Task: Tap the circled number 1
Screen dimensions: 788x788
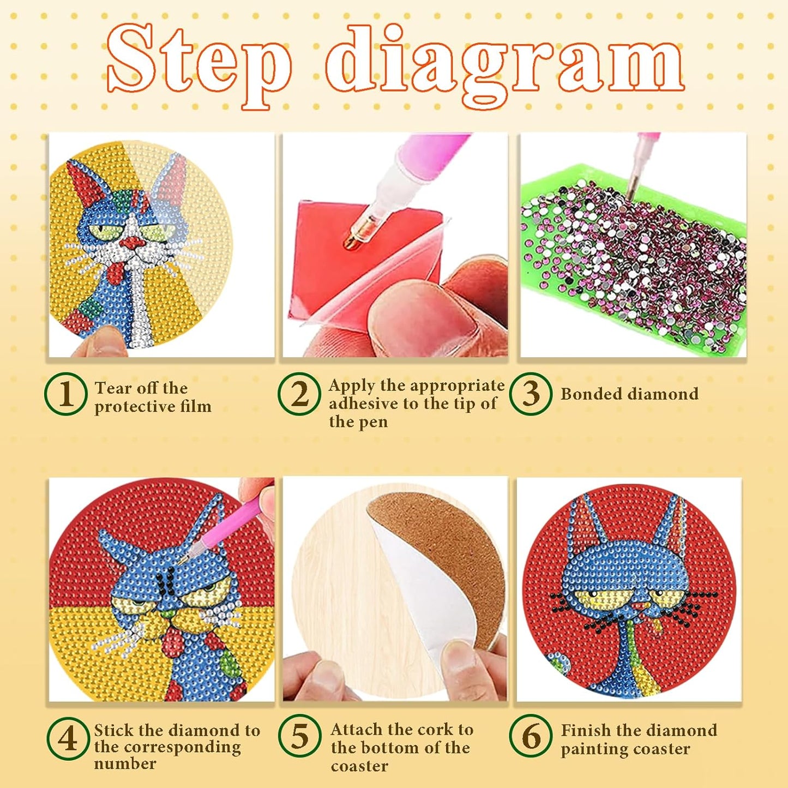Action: pos(66,394)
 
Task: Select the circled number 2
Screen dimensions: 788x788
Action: pos(299,394)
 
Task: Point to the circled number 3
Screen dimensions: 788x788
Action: pos(531,394)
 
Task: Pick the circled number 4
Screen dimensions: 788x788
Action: pos(68,739)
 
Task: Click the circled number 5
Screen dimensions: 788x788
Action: pos(299,736)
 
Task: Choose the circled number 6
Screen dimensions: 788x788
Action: pos(531,736)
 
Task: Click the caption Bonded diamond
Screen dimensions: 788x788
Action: pos(629,394)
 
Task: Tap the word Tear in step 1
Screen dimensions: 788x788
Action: pos(113,388)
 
